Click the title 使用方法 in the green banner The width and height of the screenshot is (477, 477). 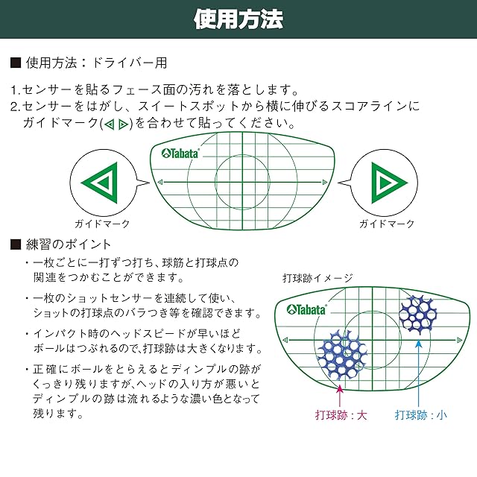point(238,19)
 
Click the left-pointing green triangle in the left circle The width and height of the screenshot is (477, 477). point(102,181)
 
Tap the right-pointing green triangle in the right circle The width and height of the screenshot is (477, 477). point(385,181)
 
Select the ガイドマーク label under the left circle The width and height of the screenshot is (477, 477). point(102,224)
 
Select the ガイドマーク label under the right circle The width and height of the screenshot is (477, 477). point(386,224)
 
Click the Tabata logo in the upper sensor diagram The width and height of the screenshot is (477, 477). point(180,153)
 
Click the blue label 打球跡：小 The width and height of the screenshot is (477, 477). point(422,415)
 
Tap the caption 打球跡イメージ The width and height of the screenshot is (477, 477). point(318,278)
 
